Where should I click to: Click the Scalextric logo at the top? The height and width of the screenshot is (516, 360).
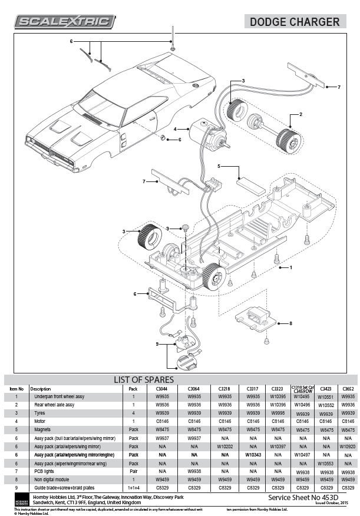64,22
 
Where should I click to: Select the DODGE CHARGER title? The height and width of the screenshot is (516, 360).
295,22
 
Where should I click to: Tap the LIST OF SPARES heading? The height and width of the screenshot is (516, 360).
143,379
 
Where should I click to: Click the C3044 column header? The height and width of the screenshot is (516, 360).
161,389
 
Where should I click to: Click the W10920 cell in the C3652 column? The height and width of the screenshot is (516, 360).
348,446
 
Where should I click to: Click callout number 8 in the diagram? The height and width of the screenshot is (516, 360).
290,323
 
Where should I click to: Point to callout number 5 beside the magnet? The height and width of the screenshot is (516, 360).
219,167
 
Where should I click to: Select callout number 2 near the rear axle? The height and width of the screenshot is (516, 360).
300,114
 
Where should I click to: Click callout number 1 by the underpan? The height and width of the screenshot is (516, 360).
290,267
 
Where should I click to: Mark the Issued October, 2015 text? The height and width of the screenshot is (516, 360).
331,502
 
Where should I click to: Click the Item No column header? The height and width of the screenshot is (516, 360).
16,389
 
